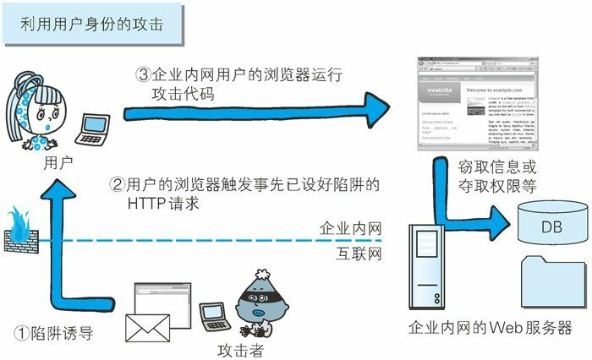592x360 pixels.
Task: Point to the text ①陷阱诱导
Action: point(54,333)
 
